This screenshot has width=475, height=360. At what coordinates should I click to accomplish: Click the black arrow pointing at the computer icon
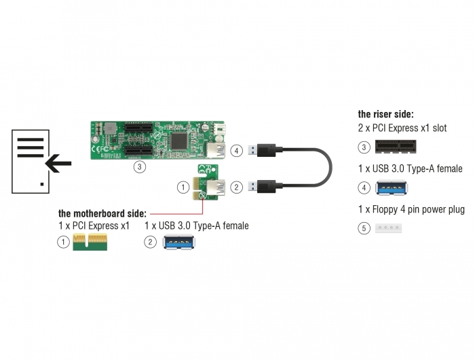(58, 163)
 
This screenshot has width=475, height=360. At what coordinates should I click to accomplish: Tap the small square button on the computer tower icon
(42, 184)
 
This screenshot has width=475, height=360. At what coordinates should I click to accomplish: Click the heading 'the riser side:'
(385, 114)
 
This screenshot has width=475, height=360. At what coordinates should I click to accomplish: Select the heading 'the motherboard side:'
(102, 213)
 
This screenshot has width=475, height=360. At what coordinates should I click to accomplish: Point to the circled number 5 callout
(364, 228)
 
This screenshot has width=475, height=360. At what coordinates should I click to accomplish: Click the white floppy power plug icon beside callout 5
(388, 228)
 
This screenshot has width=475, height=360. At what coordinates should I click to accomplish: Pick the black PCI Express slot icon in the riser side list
(396, 147)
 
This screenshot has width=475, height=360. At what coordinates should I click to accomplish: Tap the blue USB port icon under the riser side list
(391, 187)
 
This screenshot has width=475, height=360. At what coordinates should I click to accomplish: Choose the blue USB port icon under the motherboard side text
(178, 242)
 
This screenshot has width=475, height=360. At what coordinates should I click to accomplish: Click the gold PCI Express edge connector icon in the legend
(90, 242)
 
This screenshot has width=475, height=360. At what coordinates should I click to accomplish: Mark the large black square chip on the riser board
(179, 141)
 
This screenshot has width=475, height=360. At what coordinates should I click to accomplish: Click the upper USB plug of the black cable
(263, 150)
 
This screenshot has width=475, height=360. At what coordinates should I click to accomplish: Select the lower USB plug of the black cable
(263, 187)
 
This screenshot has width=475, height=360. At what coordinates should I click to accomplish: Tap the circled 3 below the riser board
(139, 166)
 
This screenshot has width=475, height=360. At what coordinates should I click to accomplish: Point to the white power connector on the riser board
(221, 130)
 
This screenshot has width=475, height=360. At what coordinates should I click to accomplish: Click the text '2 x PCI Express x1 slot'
(402, 128)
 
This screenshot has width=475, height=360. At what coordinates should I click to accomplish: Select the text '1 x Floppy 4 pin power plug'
(411, 209)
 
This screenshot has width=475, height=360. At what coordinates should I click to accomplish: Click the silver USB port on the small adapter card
(216, 187)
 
